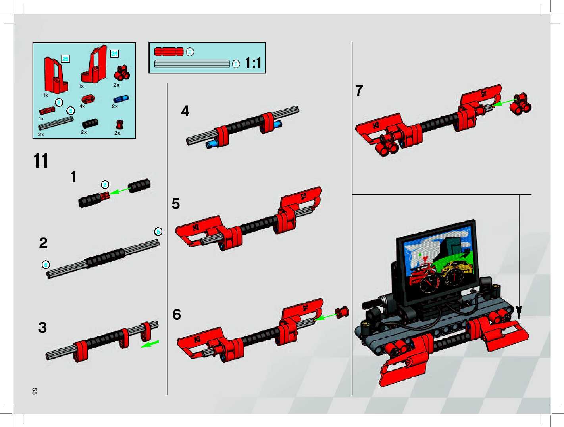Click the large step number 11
[41, 161]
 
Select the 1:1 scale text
[253, 63]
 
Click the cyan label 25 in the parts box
[65, 59]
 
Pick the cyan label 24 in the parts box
[114, 54]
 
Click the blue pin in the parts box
[121, 99]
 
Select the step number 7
[359, 91]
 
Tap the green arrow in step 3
[150, 344]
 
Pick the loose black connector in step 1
[139, 185]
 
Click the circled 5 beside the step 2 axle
[158, 232]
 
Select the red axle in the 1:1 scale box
[169, 52]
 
